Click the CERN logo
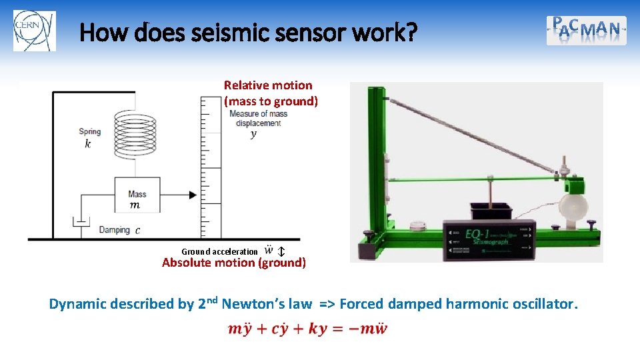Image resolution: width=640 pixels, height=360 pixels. click(x=35, y=31)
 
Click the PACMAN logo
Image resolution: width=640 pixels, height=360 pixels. click(x=586, y=30)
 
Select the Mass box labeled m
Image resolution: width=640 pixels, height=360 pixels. click(x=137, y=195)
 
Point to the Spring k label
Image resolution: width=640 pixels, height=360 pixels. click(x=89, y=137)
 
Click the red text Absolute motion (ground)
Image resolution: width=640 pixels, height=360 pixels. click(x=234, y=263)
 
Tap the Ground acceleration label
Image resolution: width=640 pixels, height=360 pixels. click(x=219, y=251)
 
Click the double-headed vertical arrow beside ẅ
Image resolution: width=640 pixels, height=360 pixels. click(x=281, y=251)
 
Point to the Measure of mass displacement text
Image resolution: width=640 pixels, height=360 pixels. click(x=258, y=118)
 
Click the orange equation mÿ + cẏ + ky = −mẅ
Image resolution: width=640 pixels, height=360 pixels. click(x=307, y=329)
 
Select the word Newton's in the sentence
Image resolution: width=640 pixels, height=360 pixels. click(x=266, y=305)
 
